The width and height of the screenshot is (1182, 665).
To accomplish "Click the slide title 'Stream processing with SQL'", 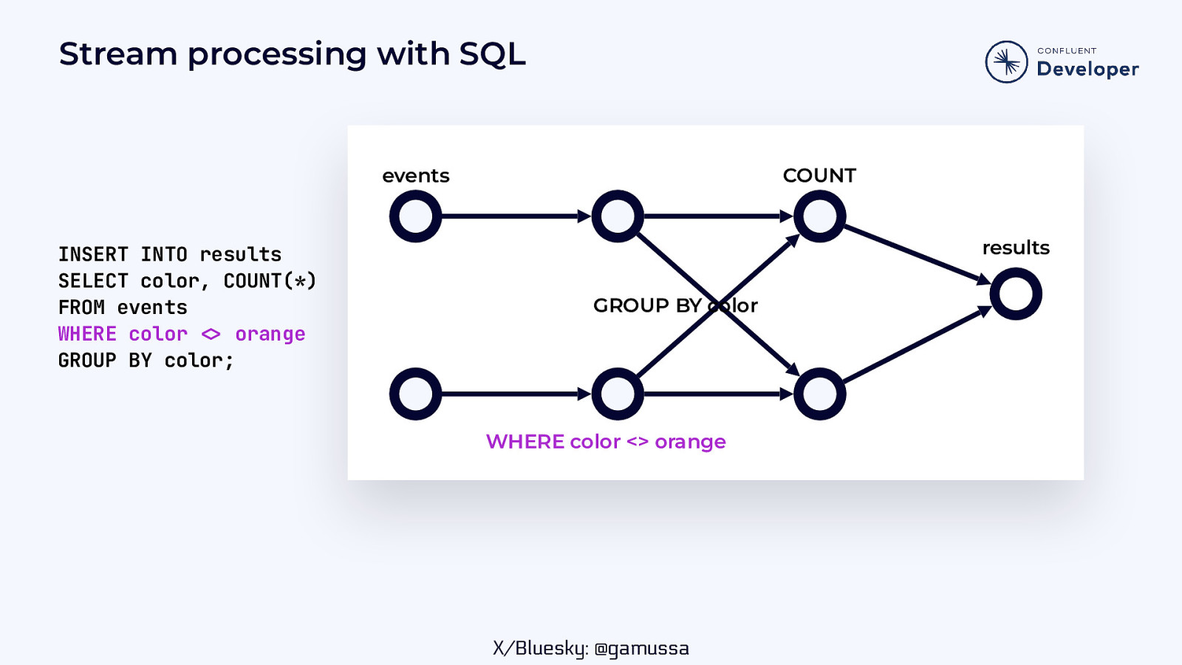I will click(x=292, y=55).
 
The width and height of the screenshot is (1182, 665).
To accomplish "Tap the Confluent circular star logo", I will click(x=1006, y=62).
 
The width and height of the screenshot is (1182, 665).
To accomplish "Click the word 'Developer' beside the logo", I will click(x=1087, y=69).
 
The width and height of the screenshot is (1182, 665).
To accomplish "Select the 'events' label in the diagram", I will click(x=416, y=176).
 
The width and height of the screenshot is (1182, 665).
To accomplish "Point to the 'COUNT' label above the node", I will click(x=819, y=175).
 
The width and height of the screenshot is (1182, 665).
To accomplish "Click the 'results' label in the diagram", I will click(x=1016, y=248).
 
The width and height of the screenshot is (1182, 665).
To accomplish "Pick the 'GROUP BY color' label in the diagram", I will click(x=675, y=305).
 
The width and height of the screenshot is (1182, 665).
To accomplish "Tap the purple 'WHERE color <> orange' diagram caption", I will click(x=606, y=442).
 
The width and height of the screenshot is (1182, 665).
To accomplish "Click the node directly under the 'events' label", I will click(x=416, y=216).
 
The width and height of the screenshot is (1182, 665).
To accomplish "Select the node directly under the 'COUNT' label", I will click(x=819, y=216).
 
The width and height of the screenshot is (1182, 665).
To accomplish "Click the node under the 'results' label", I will click(x=1016, y=294).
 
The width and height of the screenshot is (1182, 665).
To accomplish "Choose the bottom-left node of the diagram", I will click(x=416, y=394).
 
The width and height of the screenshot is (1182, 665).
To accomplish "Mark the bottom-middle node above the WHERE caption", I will click(x=618, y=394).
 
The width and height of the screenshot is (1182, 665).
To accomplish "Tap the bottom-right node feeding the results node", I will click(x=819, y=394).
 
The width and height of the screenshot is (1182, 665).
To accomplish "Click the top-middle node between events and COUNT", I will click(x=618, y=216).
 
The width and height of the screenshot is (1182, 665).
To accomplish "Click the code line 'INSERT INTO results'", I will click(x=170, y=254).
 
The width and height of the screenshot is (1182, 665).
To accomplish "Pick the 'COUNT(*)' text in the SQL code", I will click(x=270, y=281).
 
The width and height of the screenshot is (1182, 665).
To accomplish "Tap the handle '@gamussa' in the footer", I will click(x=641, y=648).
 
